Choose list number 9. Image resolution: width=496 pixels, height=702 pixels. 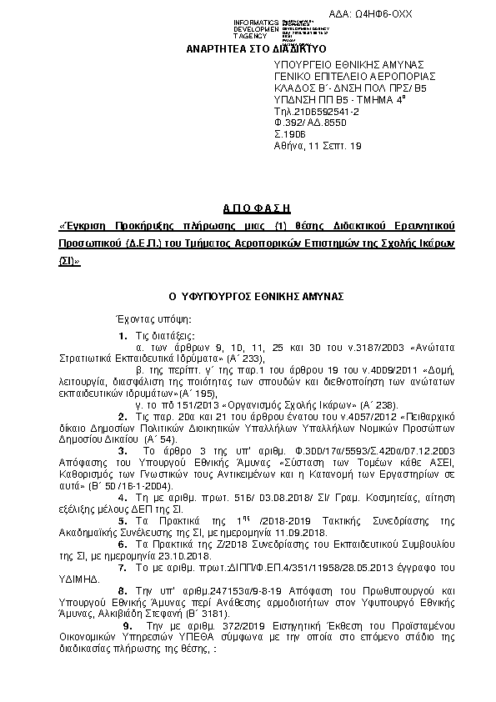(x=126, y=623)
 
